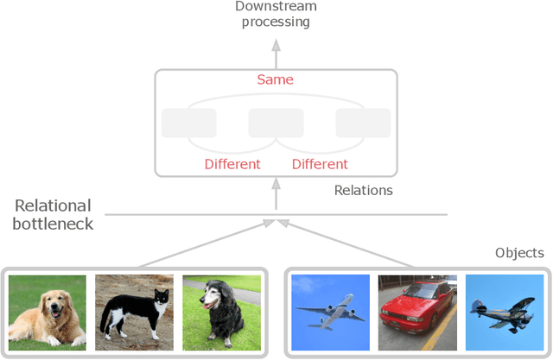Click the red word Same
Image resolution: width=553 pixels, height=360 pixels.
[276, 80]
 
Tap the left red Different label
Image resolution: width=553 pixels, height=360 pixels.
[232, 164]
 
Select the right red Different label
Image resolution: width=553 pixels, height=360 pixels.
[320, 164]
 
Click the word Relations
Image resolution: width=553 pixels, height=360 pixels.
[363, 190]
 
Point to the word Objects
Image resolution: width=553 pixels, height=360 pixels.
[519, 253]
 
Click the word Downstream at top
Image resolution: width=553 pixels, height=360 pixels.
[276, 7]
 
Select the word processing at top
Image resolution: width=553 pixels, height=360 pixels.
[276, 22]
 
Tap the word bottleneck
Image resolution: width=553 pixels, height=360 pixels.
[54, 224]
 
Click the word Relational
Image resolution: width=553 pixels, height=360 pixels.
[53, 206]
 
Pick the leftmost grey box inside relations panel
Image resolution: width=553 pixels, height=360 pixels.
[188, 123]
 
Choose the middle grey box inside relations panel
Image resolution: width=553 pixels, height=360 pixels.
[276, 123]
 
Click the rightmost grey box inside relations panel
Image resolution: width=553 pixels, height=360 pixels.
[363, 123]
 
